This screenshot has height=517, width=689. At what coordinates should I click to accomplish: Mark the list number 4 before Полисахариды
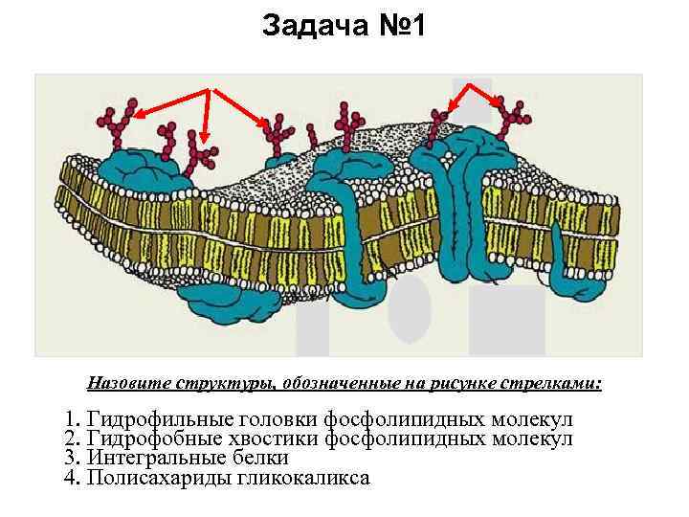click(x=70, y=477)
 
